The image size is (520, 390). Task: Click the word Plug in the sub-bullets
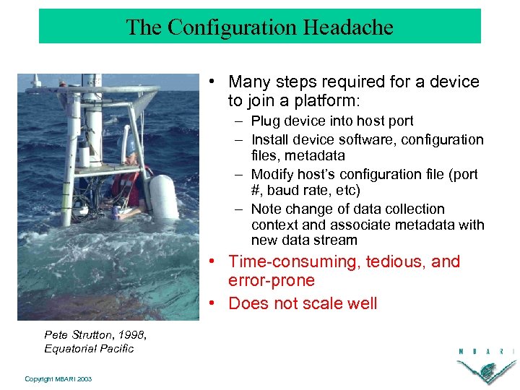click(265, 121)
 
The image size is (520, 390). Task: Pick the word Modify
click(271, 175)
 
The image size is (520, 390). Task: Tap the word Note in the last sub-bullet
click(266, 209)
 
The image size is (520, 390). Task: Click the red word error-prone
click(272, 281)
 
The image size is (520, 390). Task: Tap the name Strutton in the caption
click(93, 334)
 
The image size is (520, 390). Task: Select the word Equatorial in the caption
click(70, 348)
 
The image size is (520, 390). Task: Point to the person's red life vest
click(125, 184)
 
